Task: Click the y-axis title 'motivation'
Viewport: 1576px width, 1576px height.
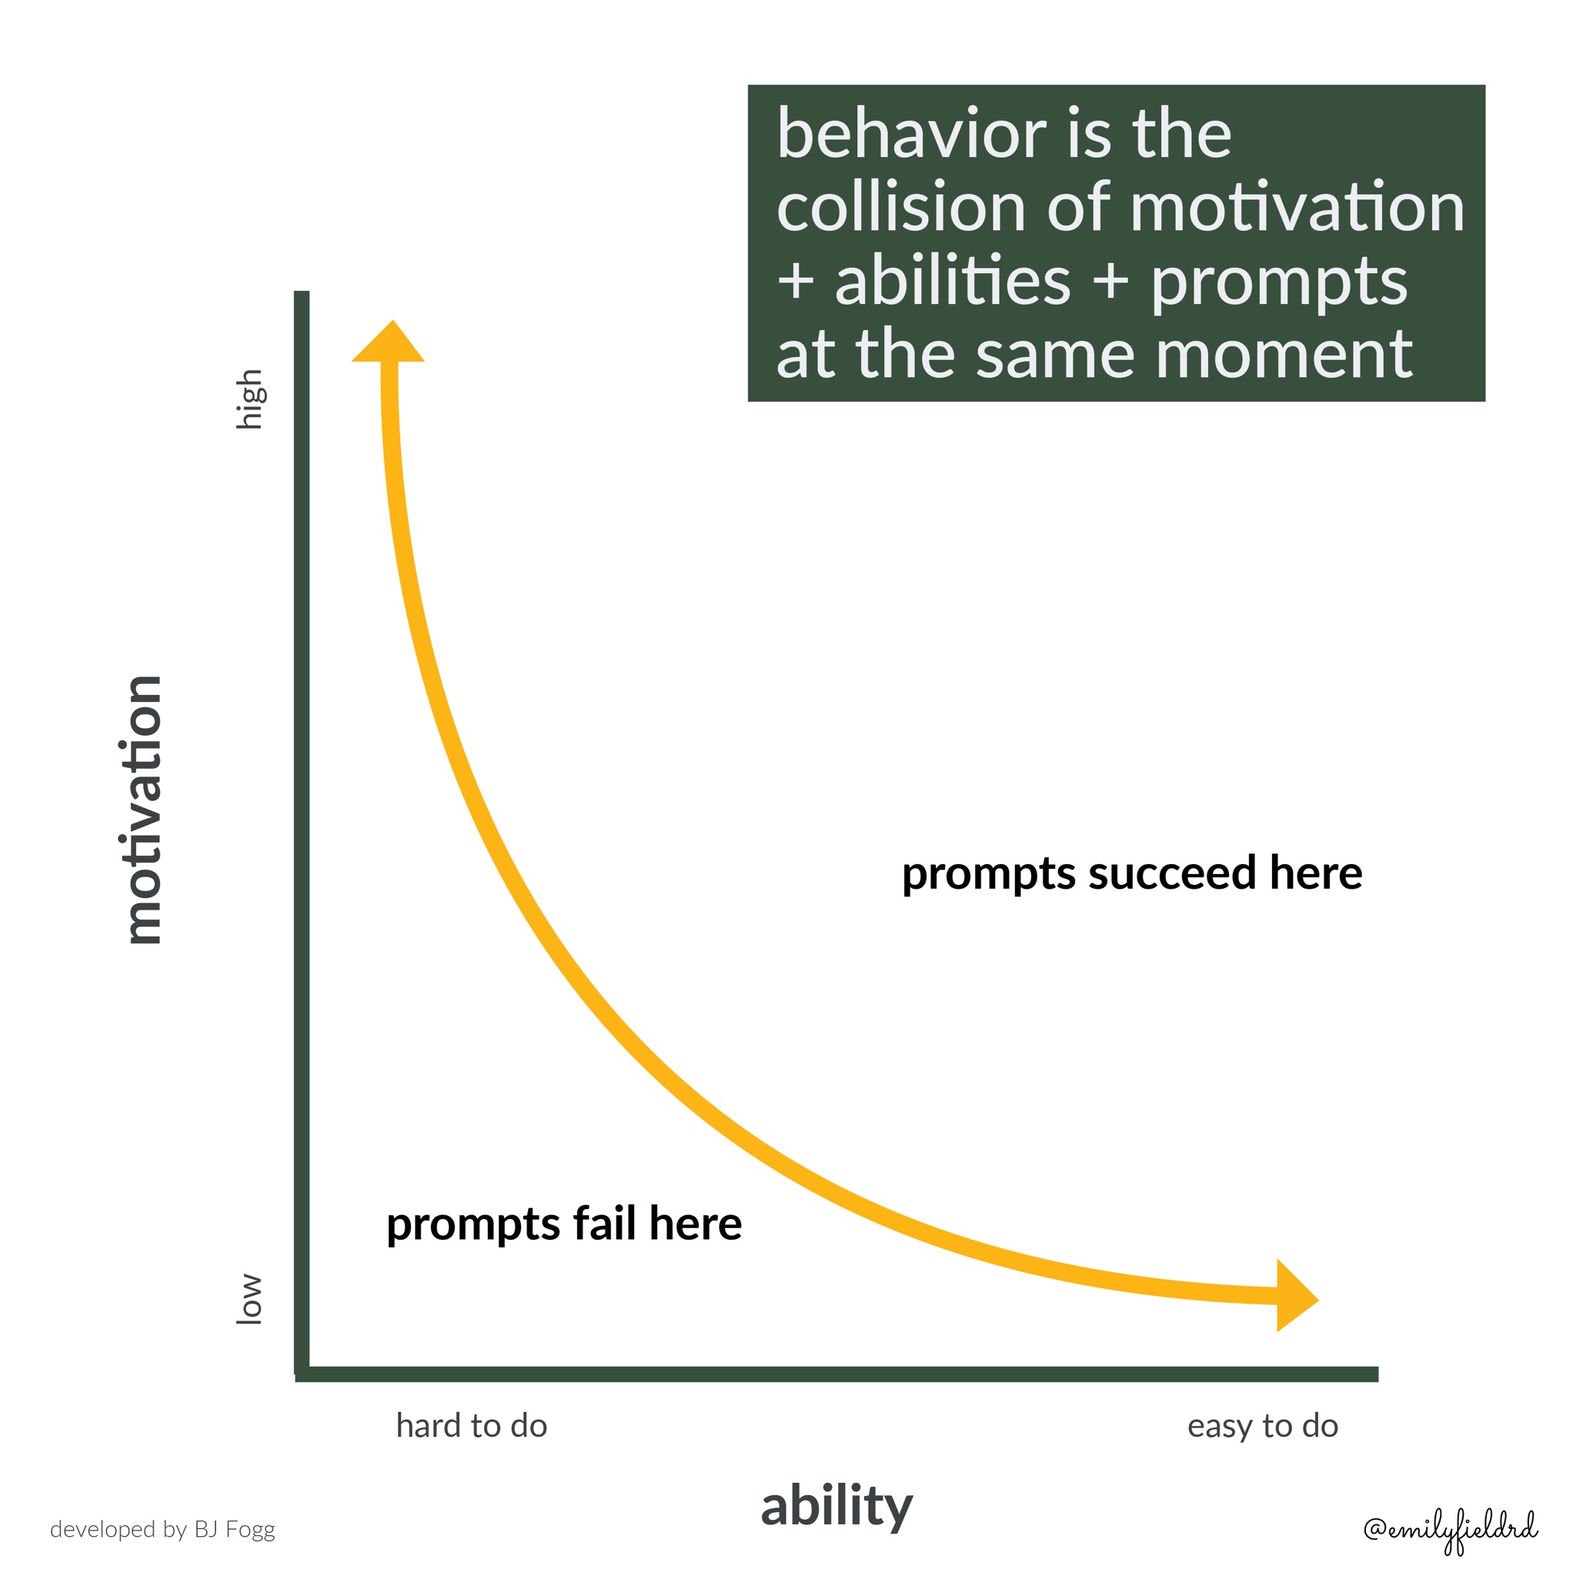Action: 145,810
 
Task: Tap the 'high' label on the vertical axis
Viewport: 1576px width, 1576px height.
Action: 249,399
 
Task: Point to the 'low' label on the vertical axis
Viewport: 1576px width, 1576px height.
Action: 249,1300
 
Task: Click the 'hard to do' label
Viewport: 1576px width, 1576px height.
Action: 472,1426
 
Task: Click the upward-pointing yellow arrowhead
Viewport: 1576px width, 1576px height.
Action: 389,341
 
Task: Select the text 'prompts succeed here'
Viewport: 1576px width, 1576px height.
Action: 1132,874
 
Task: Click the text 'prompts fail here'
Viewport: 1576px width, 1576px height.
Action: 563,1225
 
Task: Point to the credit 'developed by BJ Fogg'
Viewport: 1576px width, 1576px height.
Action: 162,1530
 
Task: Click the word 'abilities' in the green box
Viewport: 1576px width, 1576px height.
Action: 952,282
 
